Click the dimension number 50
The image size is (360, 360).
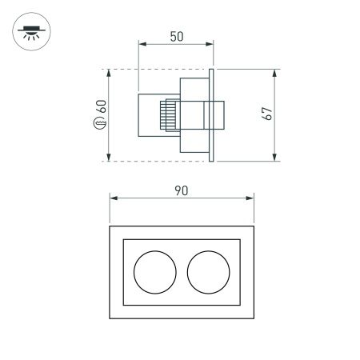point(177,36)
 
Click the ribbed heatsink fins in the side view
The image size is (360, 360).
point(170,115)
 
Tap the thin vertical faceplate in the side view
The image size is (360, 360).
point(211,115)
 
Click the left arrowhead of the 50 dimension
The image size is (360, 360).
point(142,43)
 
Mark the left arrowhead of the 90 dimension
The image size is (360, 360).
point(113,197)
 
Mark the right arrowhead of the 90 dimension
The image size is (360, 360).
point(250,197)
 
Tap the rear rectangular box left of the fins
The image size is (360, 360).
point(150,115)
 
